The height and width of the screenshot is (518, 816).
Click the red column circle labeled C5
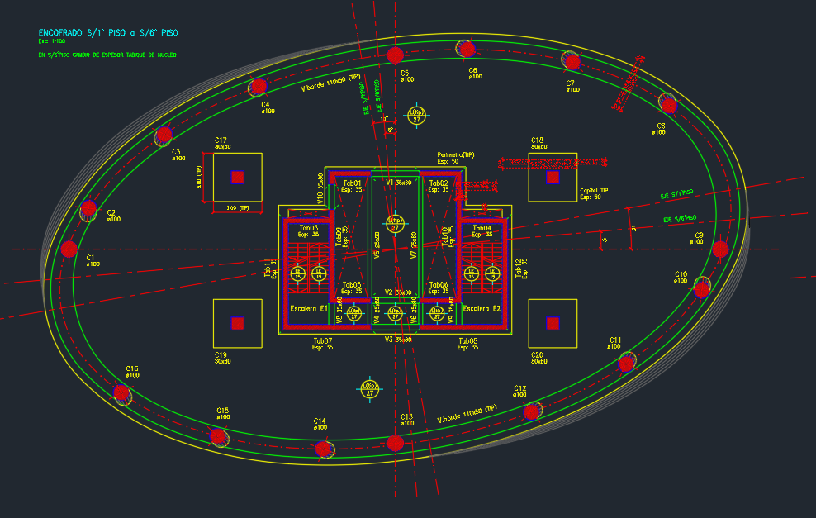point(395,55)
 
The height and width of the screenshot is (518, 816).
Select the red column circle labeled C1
point(69,249)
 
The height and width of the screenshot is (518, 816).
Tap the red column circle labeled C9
point(720,249)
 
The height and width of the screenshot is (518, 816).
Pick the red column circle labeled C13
point(396,443)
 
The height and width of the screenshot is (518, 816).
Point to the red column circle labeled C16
point(121,393)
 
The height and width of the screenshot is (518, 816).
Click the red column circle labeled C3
point(164,135)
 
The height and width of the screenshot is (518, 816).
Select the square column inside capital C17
point(238,177)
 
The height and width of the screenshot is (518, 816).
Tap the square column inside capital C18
point(553,177)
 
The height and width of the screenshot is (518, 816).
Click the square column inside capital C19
point(238,323)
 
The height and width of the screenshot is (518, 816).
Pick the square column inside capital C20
point(553,323)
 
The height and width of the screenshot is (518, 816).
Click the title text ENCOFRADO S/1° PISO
point(107,33)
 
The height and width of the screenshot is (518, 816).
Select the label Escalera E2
point(482,308)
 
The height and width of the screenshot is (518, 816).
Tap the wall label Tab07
point(322,340)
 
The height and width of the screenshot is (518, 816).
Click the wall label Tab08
point(467,340)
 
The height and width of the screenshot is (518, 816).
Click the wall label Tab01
point(352,183)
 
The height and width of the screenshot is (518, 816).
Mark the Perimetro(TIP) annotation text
point(456,154)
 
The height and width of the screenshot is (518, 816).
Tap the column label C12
point(519,387)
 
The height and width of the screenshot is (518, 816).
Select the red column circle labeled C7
point(571,60)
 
